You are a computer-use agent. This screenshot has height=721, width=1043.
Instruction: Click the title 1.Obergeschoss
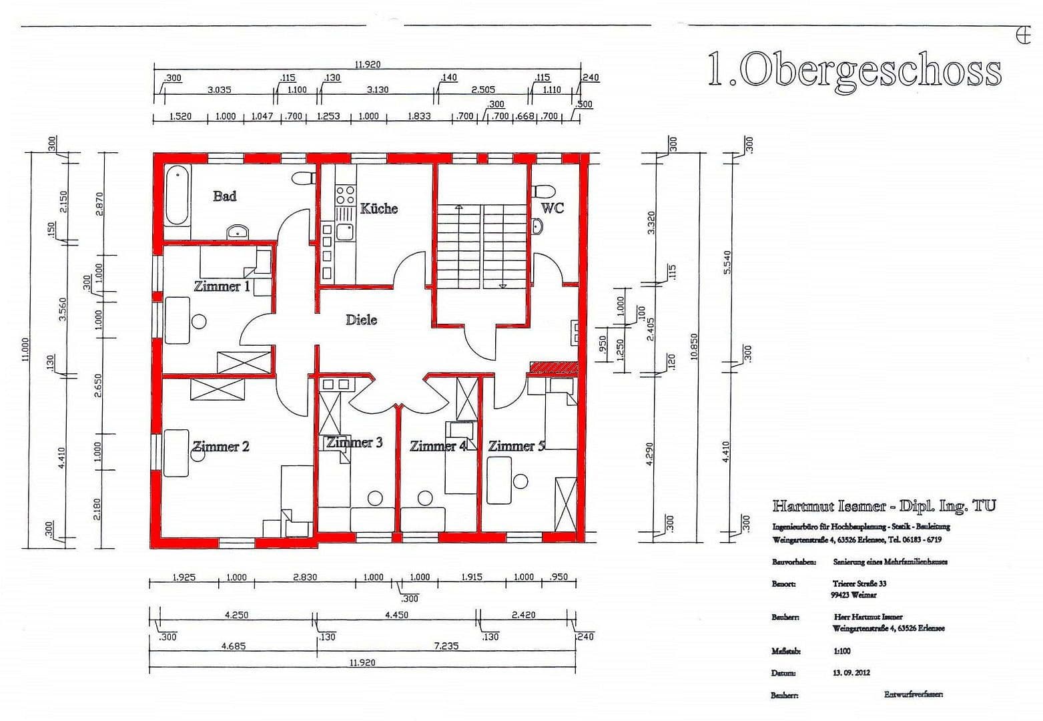[853, 70]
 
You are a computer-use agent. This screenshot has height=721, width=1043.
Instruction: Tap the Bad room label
[224, 196]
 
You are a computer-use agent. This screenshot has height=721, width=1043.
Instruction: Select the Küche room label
[378, 209]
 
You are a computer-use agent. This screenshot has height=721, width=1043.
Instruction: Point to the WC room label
[552, 208]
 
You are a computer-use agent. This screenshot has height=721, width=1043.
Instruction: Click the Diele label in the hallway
[361, 320]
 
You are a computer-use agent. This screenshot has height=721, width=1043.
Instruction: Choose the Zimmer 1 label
[222, 286]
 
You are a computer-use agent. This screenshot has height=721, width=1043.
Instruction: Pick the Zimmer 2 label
[221, 447]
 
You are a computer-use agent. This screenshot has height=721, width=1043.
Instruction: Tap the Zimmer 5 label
[515, 446]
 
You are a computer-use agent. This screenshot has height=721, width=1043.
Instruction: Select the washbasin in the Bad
[238, 232]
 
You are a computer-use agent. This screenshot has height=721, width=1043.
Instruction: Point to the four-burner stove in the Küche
[345, 195]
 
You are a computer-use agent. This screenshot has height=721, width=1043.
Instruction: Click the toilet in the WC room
[543, 190]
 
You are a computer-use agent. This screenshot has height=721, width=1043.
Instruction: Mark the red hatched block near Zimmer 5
[553, 367]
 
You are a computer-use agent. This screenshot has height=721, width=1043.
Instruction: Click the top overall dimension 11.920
[367, 65]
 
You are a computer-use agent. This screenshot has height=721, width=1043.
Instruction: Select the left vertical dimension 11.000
[26, 350]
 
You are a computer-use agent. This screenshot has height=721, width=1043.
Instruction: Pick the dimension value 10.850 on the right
[695, 347]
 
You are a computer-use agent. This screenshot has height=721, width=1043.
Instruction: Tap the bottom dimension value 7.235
[446, 646]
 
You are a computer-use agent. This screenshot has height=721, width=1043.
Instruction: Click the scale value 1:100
[841, 651]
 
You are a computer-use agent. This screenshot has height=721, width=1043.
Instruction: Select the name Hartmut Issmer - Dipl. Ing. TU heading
[884, 506]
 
